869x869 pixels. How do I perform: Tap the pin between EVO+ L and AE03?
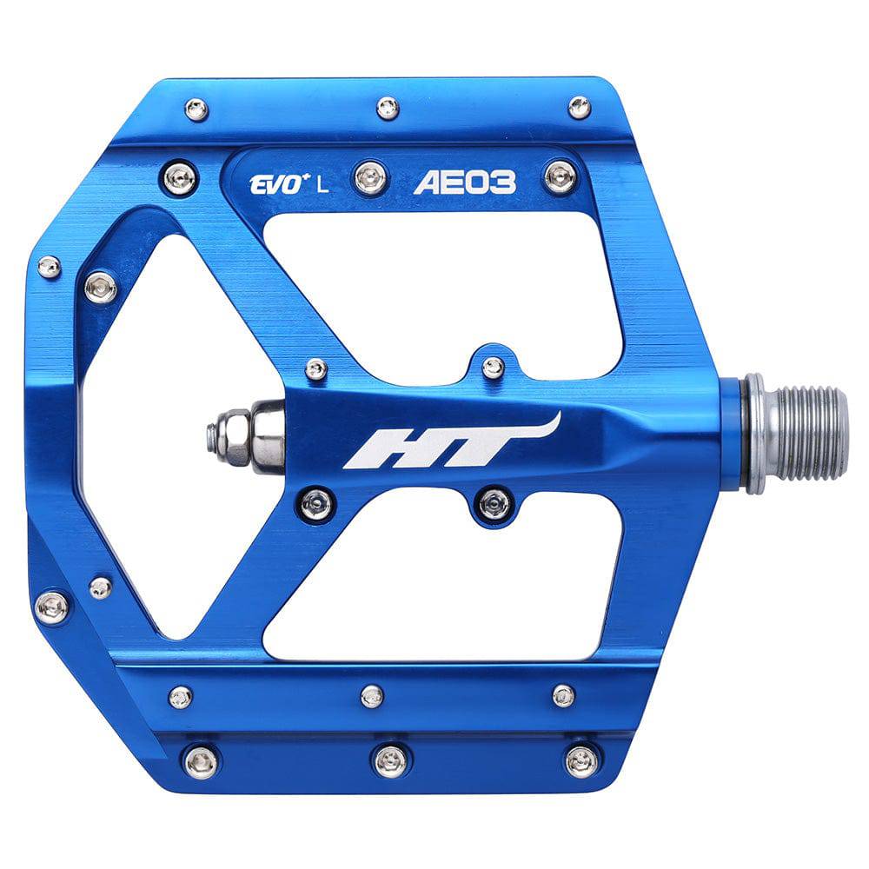[371, 179]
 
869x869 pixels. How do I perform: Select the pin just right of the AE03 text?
[560, 176]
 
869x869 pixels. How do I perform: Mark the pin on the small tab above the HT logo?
[494, 368]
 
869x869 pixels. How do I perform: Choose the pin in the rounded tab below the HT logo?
[495, 502]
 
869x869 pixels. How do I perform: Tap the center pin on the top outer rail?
[388, 108]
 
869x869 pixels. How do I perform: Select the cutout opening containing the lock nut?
[174, 434]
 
